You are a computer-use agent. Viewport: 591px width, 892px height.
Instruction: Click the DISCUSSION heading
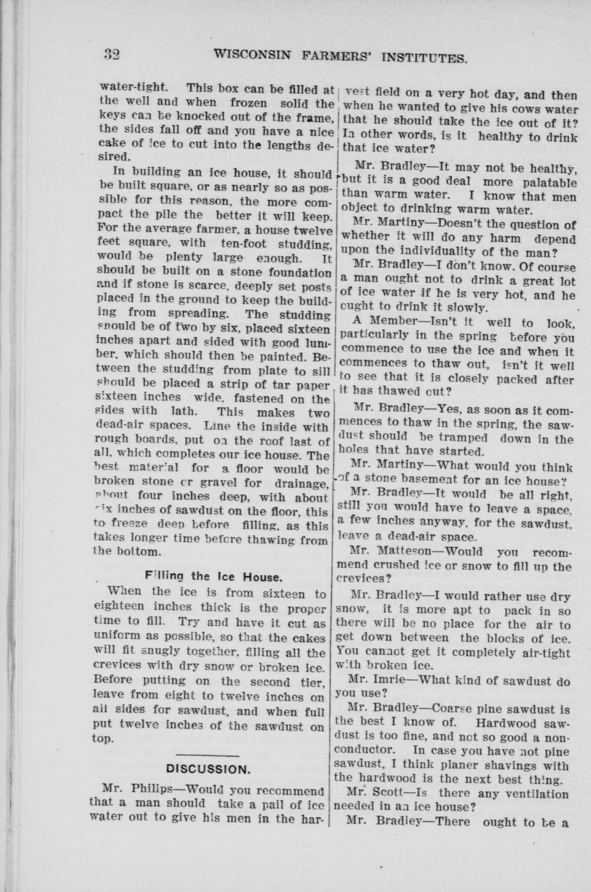(208, 770)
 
